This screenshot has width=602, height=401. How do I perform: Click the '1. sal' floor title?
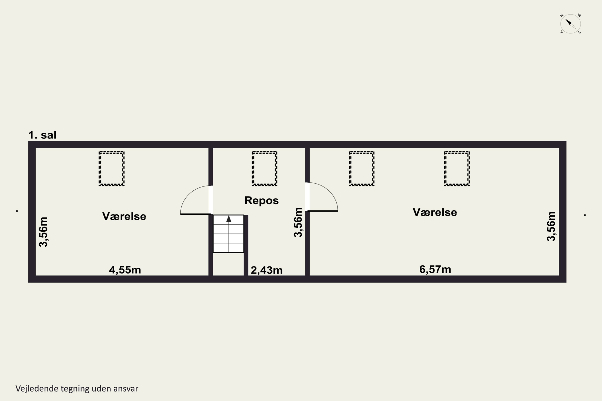tap(42, 135)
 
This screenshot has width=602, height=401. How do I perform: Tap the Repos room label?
tap(261, 200)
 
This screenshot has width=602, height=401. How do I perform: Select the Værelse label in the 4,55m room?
tap(124, 216)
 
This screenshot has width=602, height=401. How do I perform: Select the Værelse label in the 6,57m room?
tap(435, 212)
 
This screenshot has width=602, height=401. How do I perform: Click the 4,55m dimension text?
tap(125, 270)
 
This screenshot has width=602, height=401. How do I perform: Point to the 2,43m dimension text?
tap(266, 270)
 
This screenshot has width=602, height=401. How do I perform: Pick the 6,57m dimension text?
tap(435, 269)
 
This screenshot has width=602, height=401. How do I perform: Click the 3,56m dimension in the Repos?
tap(298, 222)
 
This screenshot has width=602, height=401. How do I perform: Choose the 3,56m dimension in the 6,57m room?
tap(551, 226)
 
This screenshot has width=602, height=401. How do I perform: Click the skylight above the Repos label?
tap(264, 169)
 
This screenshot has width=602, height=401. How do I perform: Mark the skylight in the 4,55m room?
tap(112, 169)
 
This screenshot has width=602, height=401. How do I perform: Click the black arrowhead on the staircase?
tap(229, 219)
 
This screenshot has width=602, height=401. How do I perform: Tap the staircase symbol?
tap(228, 234)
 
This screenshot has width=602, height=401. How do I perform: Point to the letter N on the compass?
tap(562, 15)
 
